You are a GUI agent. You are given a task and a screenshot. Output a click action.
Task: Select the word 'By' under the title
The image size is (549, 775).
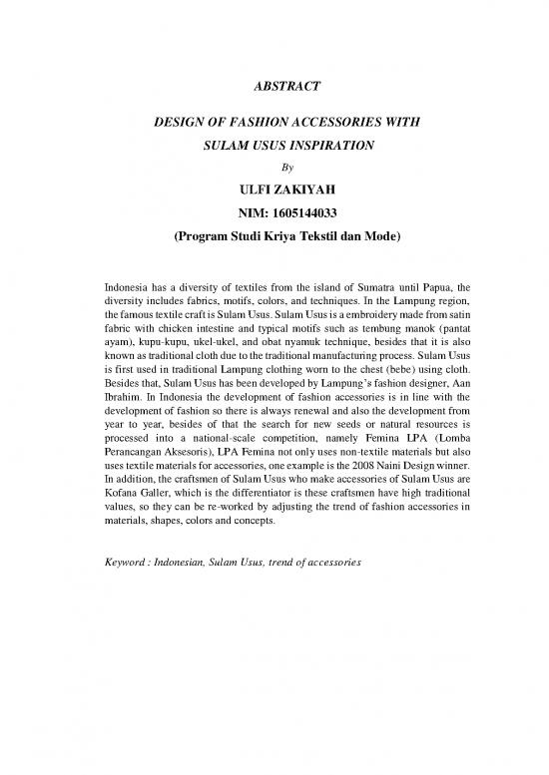[274, 167]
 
